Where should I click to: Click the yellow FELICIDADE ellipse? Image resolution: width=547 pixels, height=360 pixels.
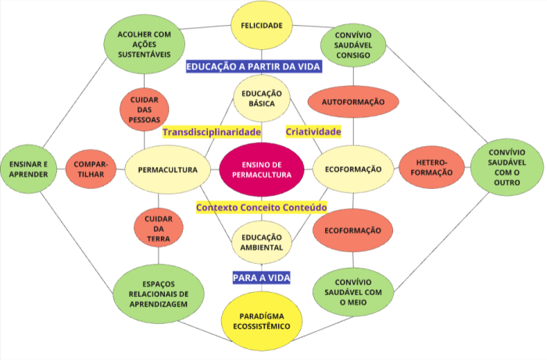[x=262, y=25]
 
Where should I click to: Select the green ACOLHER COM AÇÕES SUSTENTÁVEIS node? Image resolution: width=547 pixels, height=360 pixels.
[x=145, y=44]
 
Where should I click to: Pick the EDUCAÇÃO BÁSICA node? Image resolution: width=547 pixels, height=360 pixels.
[x=262, y=97]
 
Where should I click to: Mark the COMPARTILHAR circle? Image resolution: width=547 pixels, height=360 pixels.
[x=91, y=169]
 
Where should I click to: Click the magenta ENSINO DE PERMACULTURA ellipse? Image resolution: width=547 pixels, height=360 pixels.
[x=262, y=169]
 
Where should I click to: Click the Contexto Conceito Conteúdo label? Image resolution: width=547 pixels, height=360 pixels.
[x=261, y=207]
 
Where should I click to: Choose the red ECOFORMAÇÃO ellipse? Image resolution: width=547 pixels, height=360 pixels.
[x=352, y=231]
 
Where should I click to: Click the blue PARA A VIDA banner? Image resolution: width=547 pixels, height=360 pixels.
[x=262, y=276]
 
